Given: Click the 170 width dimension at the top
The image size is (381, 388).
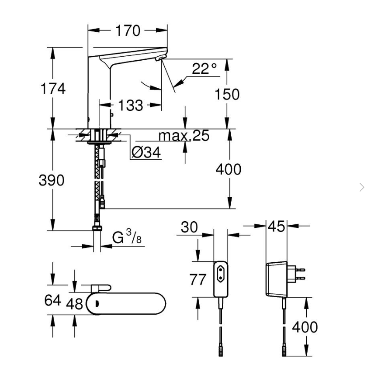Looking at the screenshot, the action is tap(128, 31).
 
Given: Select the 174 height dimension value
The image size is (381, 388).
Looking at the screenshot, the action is tap(53, 89).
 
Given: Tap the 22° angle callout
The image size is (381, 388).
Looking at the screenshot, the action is tap(204, 69).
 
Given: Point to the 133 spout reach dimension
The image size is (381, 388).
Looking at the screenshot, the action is tap(131, 105).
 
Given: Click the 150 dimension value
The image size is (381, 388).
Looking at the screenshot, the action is tap(227, 94).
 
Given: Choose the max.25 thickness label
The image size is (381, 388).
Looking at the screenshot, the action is tap(184, 136).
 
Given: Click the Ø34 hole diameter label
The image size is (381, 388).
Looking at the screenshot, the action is tap(146, 152).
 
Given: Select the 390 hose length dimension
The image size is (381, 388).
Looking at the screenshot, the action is tap(52, 180).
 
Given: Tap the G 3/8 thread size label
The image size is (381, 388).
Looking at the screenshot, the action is tap(127, 237).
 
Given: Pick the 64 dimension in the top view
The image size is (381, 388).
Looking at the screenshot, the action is tap(52, 300).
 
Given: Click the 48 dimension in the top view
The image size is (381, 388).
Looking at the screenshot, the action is tap(74, 304).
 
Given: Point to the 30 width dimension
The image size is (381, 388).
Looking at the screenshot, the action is tap(189, 227).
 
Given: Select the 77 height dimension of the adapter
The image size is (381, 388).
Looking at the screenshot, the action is tap(197, 280).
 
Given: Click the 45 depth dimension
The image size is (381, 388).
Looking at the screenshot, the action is tap(277, 227).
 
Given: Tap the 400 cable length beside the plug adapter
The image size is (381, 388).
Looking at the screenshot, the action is tap(305, 327).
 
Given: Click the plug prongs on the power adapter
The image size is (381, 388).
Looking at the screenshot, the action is tap(300, 274).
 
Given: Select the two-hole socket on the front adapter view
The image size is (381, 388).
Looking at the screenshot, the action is tap(221, 274).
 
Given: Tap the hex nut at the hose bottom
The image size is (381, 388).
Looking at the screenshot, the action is tap(97, 228).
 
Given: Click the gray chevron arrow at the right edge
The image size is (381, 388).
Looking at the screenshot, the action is tap(362, 187).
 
